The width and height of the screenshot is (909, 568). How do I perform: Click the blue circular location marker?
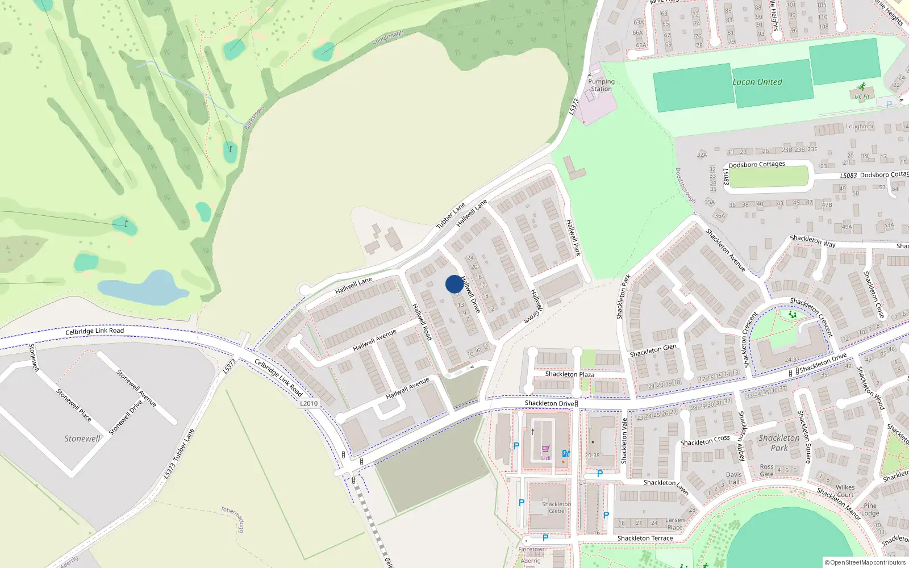(454, 284)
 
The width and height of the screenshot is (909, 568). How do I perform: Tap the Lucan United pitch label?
(757, 82)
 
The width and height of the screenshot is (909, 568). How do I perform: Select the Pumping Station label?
(601, 85)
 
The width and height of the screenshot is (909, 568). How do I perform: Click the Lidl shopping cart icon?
(545, 449)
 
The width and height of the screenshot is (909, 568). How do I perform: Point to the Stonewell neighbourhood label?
(82, 438)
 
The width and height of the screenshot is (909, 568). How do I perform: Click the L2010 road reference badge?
(308, 403)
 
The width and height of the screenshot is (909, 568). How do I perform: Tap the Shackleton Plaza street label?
(569, 374)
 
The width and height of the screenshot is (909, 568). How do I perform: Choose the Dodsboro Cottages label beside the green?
(757, 165)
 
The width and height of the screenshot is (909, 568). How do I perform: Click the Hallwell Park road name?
(574, 237)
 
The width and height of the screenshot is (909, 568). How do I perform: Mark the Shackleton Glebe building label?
(556, 507)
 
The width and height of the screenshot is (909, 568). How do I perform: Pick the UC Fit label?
(862, 97)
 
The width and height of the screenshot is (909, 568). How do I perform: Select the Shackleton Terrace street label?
(645, 538)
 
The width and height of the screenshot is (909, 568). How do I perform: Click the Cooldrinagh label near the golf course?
(387, 37)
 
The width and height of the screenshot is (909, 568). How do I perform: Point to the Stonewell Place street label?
(74, 404)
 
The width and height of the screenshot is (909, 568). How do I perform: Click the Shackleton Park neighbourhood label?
(779, 442)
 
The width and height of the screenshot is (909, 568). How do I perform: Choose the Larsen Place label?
(675, 523)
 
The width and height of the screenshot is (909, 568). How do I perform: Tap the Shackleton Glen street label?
(653, 350)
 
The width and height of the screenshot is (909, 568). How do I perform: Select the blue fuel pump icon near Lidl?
(565, 454)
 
